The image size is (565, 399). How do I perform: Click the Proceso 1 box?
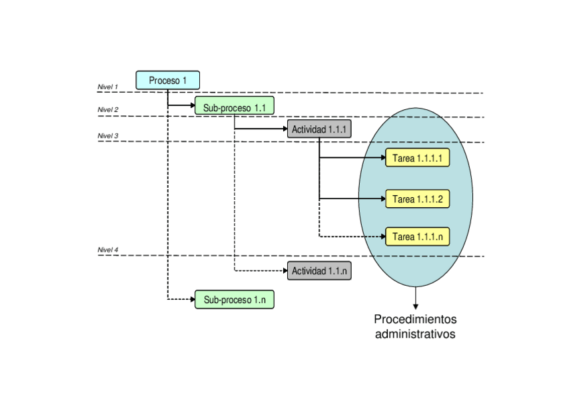point(168,80)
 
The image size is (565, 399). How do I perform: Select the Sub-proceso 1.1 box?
point(234,105)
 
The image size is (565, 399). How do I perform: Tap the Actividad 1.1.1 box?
point(319,129)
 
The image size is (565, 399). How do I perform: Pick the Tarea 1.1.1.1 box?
point(417,158)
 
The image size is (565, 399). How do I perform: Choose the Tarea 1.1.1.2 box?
point(417,199)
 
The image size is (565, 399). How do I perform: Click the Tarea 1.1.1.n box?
point(417,236)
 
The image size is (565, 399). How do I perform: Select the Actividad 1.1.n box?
point(319,271)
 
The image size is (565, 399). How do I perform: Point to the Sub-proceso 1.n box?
point(234,300)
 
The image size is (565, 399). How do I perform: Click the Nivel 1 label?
point(107,87)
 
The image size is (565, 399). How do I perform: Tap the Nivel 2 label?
point(107,110)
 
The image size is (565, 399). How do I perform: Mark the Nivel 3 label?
point(107,136)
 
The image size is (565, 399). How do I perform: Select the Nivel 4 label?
point(107,250)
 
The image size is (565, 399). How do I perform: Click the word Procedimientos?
point(415,319)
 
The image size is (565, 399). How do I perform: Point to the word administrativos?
point(415,334)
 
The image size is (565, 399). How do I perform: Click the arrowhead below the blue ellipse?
point(416,306)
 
